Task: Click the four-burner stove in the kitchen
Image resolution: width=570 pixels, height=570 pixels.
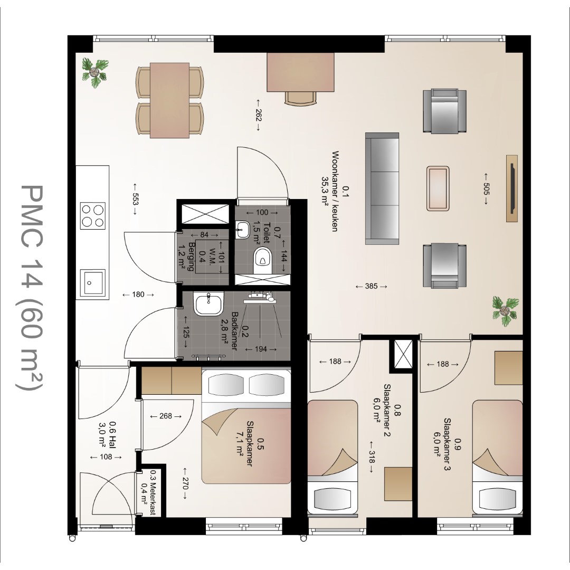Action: [93, 216]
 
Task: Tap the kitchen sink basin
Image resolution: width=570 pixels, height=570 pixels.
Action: [93, 282]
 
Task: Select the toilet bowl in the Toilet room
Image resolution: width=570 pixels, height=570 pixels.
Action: [262, 259]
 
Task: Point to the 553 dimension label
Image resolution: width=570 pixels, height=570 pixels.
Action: [135, 199]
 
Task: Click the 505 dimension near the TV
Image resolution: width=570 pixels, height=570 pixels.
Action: [486, 189]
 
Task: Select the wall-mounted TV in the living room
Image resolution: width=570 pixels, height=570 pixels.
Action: [512, 188]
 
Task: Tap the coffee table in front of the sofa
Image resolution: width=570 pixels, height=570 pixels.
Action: [438, 188]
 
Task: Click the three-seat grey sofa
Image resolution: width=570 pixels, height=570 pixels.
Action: [382, 188]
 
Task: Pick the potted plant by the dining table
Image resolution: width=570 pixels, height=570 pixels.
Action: [94, 73]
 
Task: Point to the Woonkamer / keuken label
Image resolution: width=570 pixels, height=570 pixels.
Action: [335, 191]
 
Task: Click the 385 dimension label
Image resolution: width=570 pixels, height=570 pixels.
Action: [371, 287]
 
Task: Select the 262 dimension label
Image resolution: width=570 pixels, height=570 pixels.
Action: [258, 115]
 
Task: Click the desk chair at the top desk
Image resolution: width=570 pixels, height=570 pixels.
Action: [300, 99]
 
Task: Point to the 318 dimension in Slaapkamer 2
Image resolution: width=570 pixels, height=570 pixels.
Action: [371, 457]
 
